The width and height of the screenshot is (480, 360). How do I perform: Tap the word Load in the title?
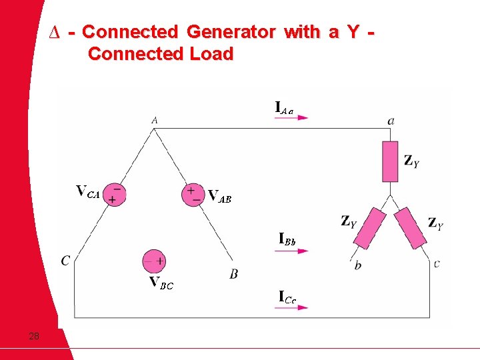(210, 54)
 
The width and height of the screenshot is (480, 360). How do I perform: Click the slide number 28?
(34, 336)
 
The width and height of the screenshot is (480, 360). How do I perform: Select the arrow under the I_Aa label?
(292, 117)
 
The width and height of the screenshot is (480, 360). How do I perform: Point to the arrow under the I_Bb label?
(293, 251)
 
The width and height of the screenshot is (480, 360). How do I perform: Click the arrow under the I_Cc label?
(293, 307)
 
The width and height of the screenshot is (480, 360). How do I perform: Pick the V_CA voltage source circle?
(115, 193)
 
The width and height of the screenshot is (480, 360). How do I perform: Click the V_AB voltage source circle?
(193, 193)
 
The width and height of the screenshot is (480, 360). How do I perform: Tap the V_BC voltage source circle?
(155, 261)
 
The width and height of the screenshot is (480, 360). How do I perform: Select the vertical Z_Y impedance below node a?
(390, 161)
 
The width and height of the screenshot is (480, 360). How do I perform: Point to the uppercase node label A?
(155, 120)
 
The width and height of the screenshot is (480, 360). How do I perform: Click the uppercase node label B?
(233, 274)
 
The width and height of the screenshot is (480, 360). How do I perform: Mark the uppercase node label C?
(65, 261)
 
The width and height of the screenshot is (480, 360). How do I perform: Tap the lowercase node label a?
(391, 121)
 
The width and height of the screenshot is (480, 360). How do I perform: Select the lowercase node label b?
(358, 265)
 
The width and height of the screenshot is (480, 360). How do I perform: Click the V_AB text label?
(219, 196)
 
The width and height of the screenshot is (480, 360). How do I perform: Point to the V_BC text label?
(161, 283)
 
